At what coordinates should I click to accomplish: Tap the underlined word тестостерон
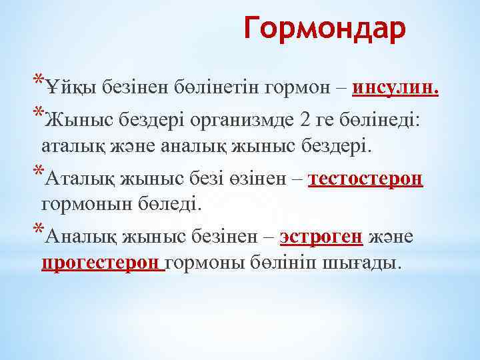[367, 180]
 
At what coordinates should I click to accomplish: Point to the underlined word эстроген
[321, 237]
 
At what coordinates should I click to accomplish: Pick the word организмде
[244, 120]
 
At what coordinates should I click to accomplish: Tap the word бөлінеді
[396, 120]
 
